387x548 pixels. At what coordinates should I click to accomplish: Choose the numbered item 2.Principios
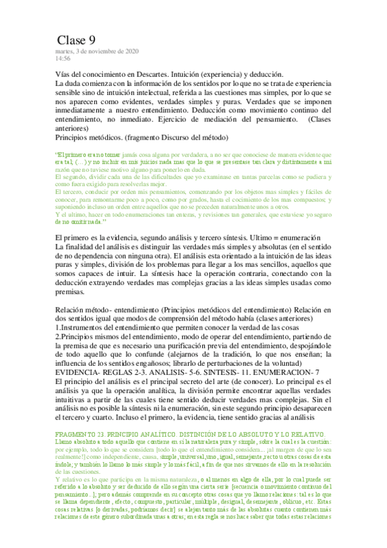pos(85,337)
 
